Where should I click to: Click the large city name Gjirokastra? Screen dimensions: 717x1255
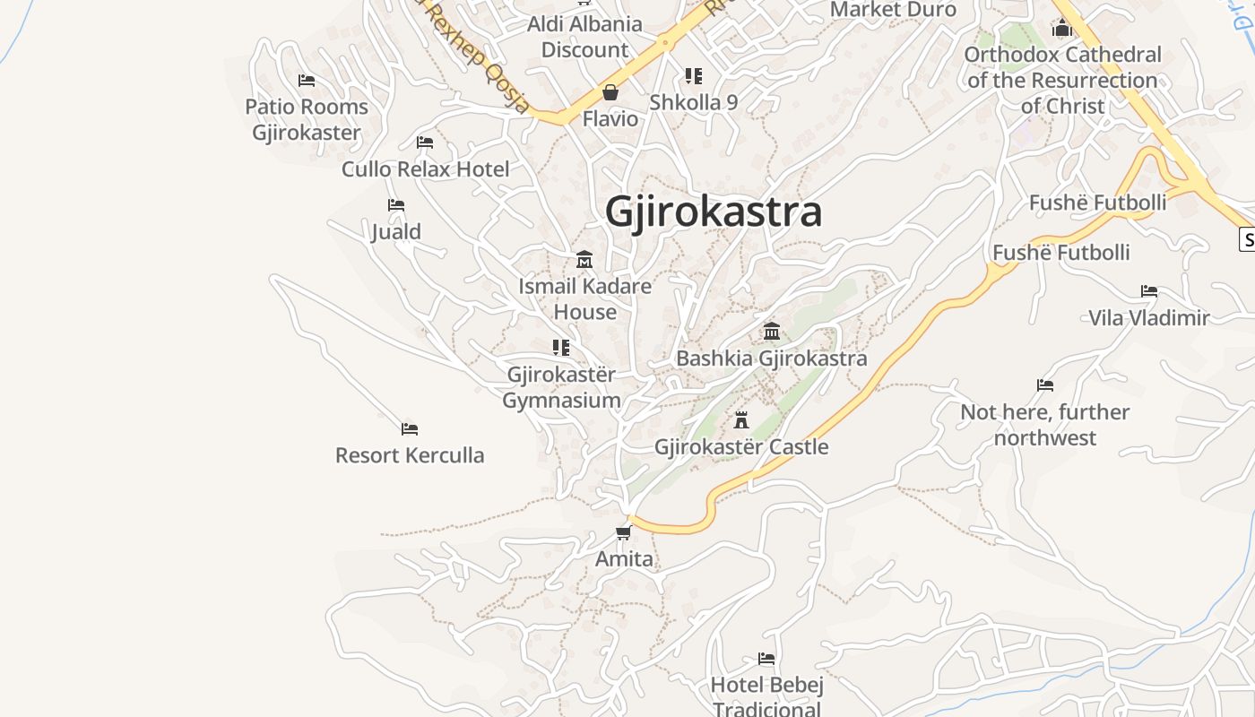714,212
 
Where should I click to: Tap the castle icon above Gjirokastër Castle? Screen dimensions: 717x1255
741,419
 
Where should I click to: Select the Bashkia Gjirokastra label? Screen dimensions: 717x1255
771,358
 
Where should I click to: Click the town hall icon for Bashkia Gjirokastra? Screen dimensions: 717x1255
771,332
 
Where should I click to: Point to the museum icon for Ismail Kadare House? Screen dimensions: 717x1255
584,259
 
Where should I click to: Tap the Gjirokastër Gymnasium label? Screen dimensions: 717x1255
561,387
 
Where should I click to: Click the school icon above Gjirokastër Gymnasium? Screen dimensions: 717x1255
561,347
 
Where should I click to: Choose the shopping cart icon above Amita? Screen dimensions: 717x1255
624,532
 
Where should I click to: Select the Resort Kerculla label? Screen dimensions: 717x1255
410,455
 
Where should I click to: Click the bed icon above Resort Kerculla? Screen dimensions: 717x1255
410,428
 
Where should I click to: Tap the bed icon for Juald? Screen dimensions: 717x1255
395,205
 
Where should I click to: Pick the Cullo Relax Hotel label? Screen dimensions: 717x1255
425,168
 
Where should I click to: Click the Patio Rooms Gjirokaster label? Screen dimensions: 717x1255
307,119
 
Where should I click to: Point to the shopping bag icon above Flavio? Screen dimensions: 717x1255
610,92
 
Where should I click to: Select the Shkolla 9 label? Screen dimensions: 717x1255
694,102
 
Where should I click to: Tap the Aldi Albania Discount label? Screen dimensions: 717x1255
584,37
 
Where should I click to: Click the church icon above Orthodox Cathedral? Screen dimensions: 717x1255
1062,29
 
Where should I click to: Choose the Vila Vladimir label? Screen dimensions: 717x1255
1149,317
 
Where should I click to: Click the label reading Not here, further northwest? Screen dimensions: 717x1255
1045,425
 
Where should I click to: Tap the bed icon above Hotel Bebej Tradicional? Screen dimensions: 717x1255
766,659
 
